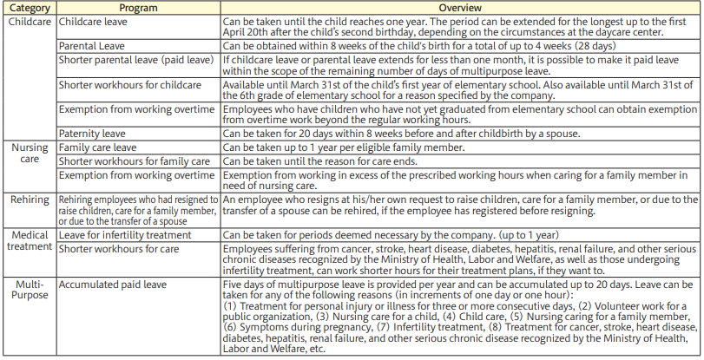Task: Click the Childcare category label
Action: pyautogui.click(x=30, y=19)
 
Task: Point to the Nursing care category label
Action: pyautogui.click(x=30, y=154)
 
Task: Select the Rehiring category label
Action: pyautogui.click(x=30, y=199)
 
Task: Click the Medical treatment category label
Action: pyautogui.click(x=30, y=240)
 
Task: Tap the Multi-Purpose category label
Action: pyautogui.click(x=30, y=289)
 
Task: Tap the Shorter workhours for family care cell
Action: pyautogui.click(x=135, y=161)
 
